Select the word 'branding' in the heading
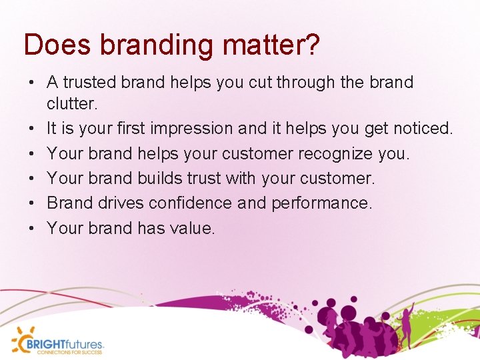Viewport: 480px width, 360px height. (151, 45)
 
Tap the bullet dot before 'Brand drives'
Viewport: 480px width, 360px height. (31, 203)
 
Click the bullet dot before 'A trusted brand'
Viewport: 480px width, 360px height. (31, 83)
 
